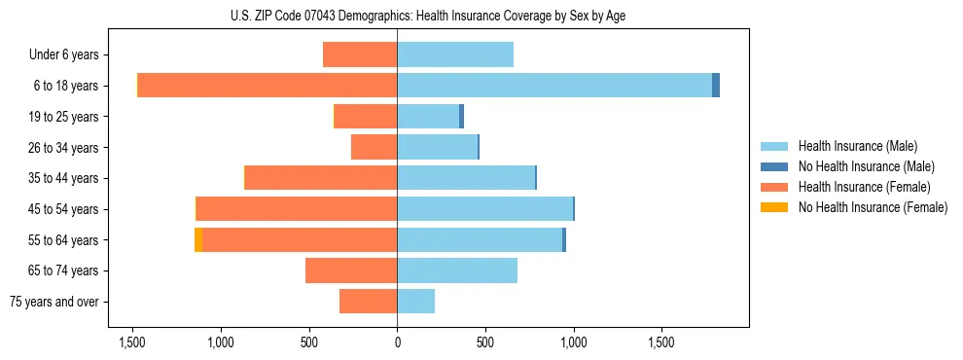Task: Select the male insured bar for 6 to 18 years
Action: [554, 86]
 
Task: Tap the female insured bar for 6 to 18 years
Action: [267, 86]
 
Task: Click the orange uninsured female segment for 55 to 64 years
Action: [198, 240]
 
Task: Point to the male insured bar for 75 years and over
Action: [416, 302]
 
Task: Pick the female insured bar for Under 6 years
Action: [360, 54]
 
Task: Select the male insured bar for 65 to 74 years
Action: [457, 270]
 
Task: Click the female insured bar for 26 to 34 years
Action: [374, 147]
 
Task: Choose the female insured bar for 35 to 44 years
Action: [321, 178]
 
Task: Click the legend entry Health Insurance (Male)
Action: [856, 146]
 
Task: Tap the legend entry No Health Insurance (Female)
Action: [872, 207]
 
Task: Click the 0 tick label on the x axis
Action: [397, 343]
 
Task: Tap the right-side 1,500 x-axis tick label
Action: [661, 343]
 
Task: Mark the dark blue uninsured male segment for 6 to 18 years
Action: [716, 86]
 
